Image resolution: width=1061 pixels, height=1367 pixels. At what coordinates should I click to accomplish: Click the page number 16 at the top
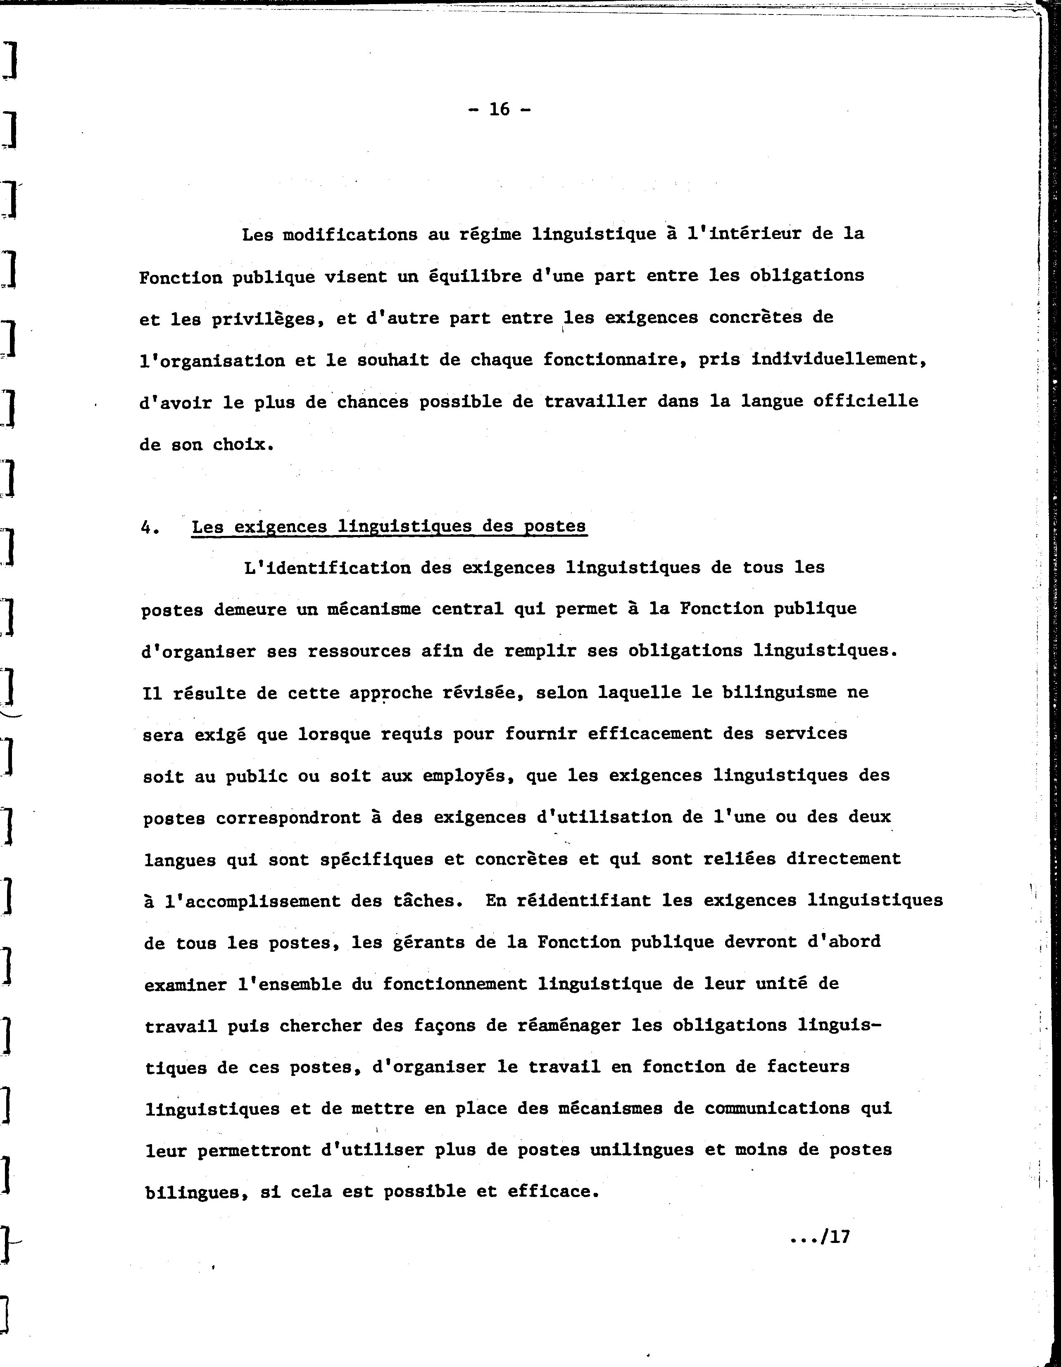[x=499, y=110]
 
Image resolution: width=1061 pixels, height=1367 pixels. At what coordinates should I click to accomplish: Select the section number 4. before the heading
[x=150, y=527]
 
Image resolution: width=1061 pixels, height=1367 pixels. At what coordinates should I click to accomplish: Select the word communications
[x=777, y=1109]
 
